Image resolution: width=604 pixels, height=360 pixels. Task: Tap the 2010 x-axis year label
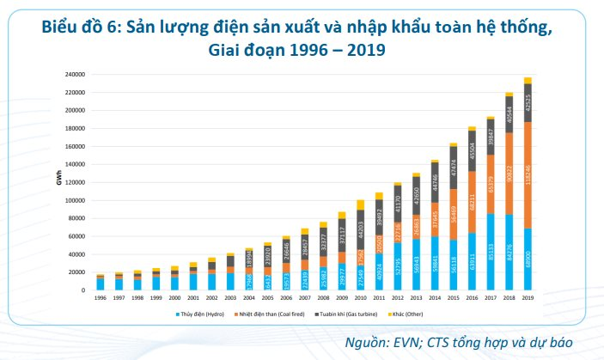pos(360,298)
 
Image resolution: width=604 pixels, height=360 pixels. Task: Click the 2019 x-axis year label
pos(528,298)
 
